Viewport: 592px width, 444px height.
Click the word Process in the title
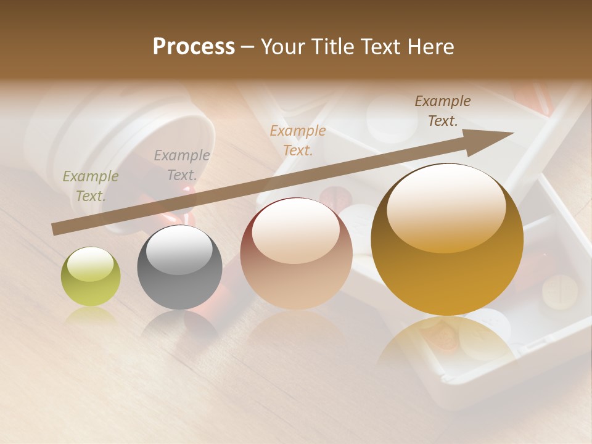pos(194,47)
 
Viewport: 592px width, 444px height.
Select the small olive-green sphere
pos(91,276)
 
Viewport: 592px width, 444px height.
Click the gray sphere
pos(179,267)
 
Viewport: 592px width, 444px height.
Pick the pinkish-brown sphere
pos(296,253)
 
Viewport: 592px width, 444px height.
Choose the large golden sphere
pos(447,239)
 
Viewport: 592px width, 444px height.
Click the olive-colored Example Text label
pos(91,186)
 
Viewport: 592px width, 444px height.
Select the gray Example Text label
pos(182,165)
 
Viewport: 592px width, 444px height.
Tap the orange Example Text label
pos(298,140)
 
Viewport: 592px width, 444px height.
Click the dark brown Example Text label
pos(443,111)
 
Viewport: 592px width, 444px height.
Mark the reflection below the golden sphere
pos(447,342)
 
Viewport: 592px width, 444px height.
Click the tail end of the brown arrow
pos(55,229)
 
